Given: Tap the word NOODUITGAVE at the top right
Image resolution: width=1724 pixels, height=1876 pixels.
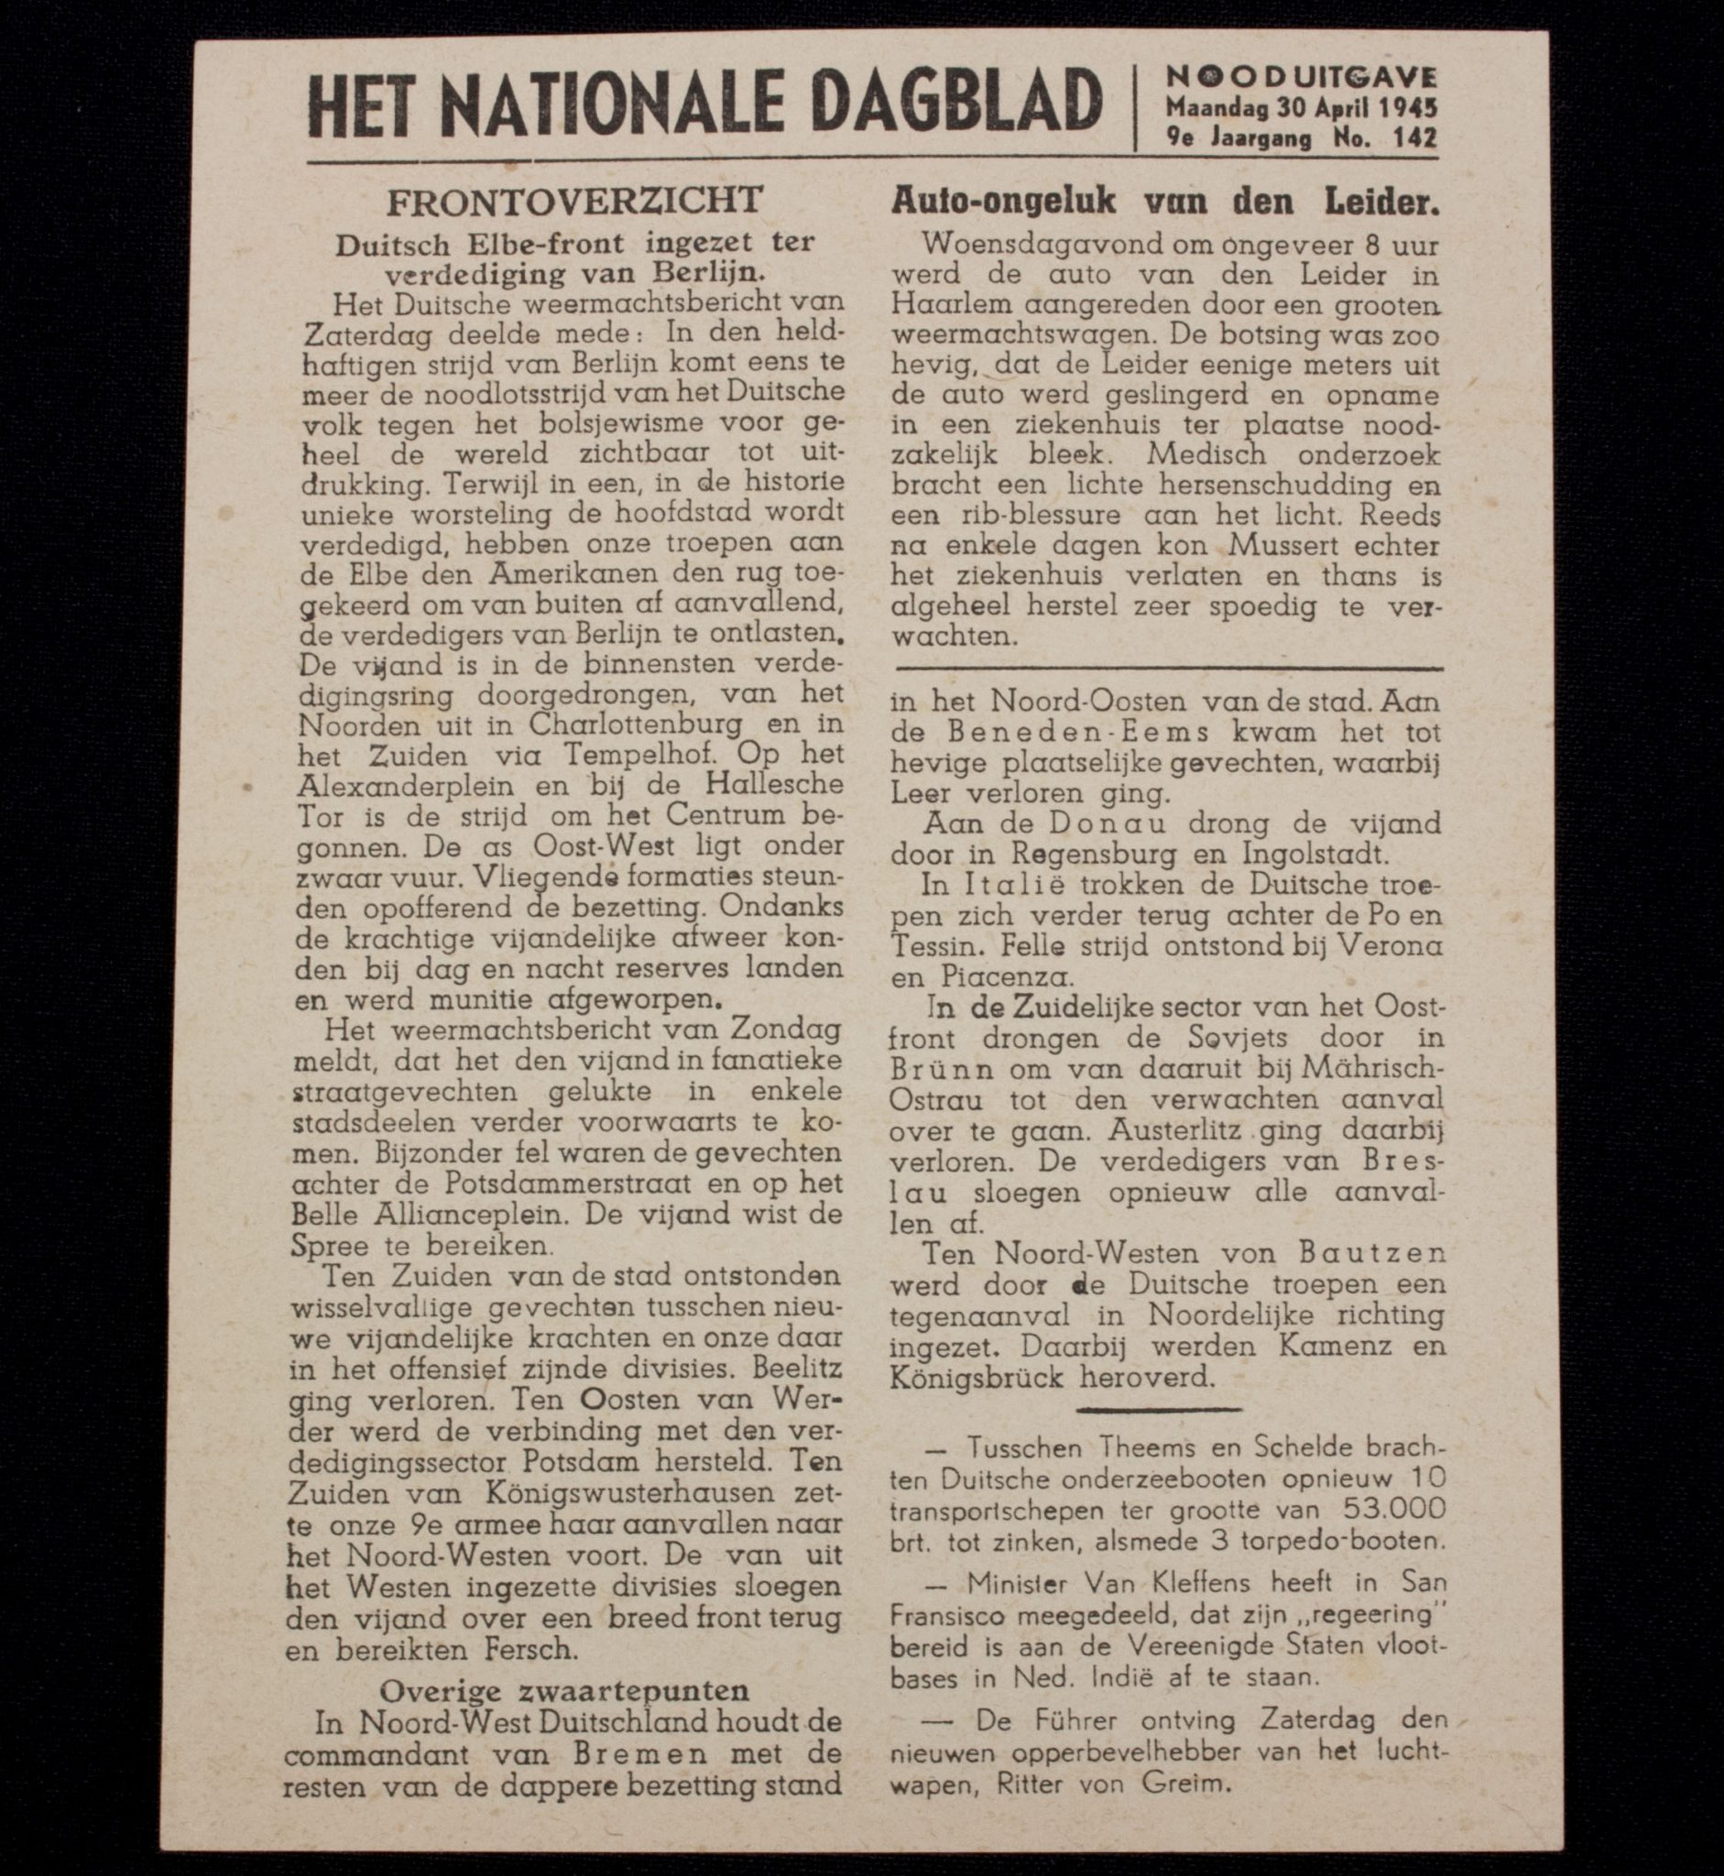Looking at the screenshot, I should click(1302, 78).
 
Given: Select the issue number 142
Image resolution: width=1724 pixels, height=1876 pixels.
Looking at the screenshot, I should click(1414, 139).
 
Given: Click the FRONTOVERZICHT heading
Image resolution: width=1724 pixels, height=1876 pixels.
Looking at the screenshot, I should click(574, 200).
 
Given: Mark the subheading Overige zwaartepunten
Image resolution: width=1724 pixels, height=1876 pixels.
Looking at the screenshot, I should click(564, 1690).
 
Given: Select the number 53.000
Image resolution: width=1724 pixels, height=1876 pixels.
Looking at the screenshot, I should click(1395, 1509).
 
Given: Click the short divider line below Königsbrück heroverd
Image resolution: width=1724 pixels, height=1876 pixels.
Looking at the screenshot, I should click(1159, 1409).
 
